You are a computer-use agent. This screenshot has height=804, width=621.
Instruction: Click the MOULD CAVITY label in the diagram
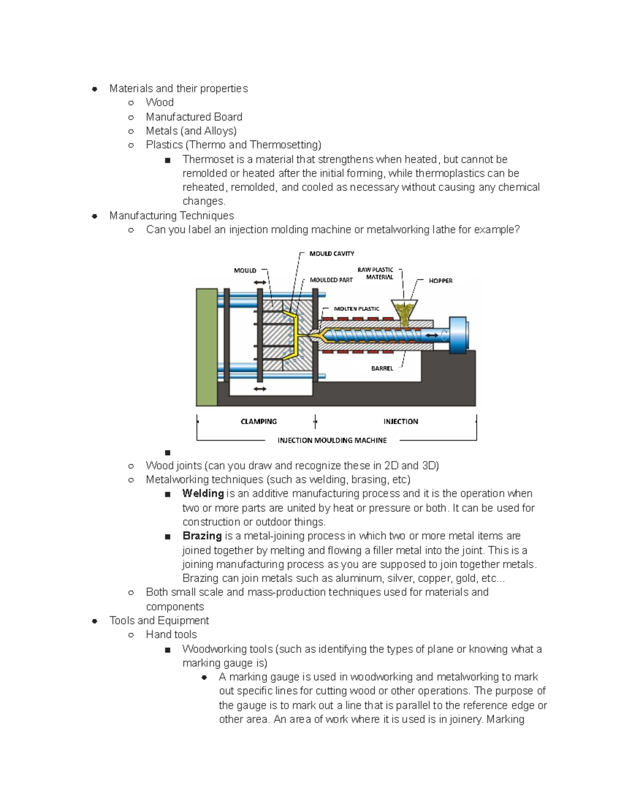pos(332,254)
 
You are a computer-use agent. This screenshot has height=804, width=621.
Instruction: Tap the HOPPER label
pos(440,281)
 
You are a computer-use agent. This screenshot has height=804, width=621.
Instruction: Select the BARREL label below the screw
pos(382,369)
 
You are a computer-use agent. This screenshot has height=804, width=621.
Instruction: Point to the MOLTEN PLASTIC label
pos(357,309)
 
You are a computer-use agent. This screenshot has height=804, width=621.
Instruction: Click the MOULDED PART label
pos(331,280)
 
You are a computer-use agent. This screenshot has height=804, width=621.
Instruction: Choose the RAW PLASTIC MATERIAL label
pos(376,273)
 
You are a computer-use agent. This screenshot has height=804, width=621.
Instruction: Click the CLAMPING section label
pos(259,421)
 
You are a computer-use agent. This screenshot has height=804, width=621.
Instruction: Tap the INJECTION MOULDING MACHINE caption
pos(332,441)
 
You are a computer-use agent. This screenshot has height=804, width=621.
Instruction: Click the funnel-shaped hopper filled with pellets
pos(404,310)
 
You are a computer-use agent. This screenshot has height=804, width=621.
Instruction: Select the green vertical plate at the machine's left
pos(206,347)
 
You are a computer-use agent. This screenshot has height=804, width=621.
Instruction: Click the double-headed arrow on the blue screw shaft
pos(431,336)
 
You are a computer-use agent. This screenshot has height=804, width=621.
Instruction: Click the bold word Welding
pos(203,494)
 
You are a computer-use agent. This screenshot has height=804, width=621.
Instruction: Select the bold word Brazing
pos(202,536)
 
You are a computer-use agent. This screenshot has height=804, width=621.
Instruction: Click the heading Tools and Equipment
pos(159,621)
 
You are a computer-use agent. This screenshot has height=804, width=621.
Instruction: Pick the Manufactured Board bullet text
pos(194,117)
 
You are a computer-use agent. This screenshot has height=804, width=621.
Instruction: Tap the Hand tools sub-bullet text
pos(171,635)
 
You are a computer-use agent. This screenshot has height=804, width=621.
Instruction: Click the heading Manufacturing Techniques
pos(171,216)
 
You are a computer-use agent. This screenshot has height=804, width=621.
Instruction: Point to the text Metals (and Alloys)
pos(191,131)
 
